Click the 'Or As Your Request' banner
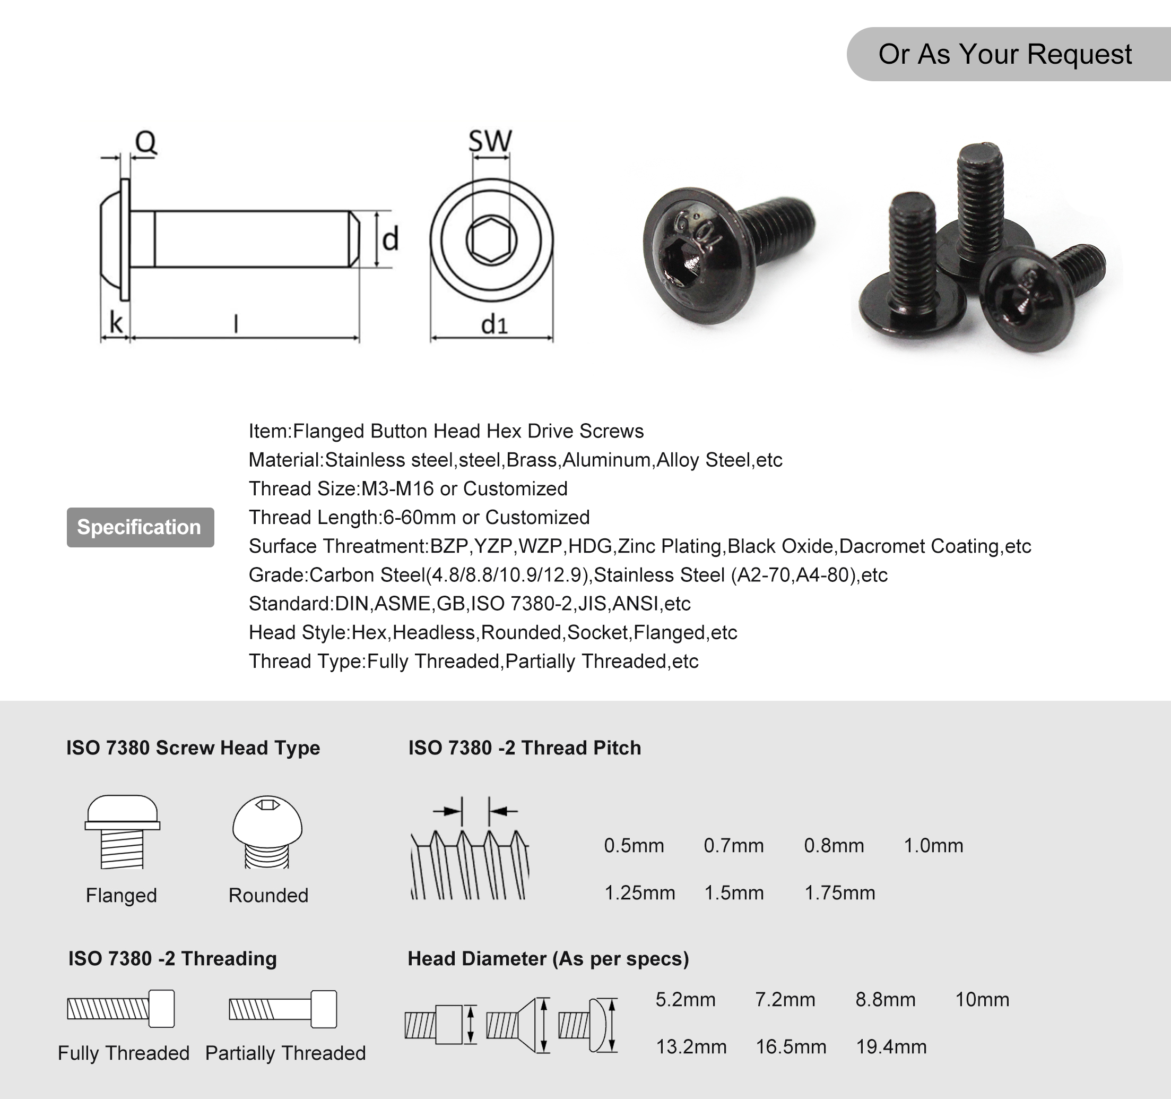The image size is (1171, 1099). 1004,54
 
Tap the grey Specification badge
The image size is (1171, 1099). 140,527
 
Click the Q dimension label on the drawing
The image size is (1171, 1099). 145,142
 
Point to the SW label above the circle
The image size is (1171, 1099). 490,141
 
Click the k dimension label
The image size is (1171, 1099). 116,323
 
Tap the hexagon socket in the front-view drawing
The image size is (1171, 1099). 491,240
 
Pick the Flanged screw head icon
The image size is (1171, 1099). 122,831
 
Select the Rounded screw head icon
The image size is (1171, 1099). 267,831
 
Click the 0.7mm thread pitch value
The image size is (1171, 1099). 733,846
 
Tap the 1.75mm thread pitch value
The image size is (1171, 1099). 839,893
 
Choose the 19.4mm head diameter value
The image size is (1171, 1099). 891,1046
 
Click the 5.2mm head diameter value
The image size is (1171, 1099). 685,999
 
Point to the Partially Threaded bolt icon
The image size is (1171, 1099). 283,1009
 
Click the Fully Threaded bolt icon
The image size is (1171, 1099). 121,1008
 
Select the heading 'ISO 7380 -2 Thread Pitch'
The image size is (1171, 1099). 524,748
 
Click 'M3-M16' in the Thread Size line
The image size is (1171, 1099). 397,488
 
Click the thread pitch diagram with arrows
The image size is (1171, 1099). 470,848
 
